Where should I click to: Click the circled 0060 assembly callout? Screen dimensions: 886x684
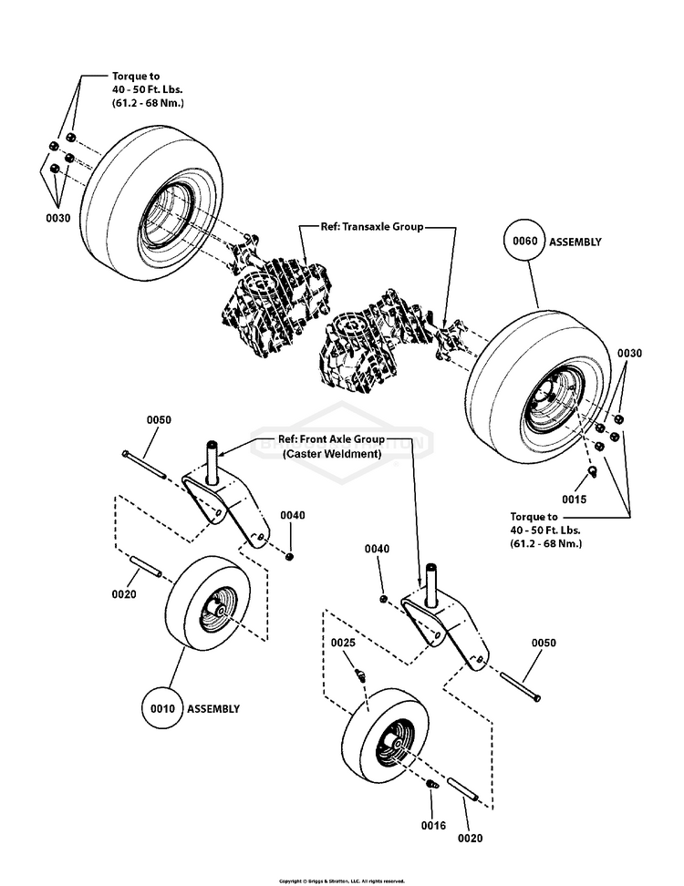pos(525,242)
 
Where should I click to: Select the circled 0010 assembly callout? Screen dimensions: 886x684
pos(163,708)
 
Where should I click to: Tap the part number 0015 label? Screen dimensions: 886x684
pos(575,500)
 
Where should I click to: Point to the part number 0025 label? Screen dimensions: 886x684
pos(342,644)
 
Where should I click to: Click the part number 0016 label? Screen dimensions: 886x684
pos(433,826)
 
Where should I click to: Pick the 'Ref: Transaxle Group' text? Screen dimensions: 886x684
pos(371,227)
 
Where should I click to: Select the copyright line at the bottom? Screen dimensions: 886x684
pos(341,881)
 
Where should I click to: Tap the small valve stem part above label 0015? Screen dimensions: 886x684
pos(591,470)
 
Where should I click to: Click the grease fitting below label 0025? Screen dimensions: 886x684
pos(360,676)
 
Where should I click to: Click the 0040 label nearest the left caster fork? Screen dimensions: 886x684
pos(292,516)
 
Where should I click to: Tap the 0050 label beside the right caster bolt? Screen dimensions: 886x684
pos(544,644)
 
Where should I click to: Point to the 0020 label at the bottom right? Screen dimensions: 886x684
pos(471,838)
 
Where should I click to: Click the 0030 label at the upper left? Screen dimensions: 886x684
pos(57,219)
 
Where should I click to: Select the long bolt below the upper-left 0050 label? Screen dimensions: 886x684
pos(144,462)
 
